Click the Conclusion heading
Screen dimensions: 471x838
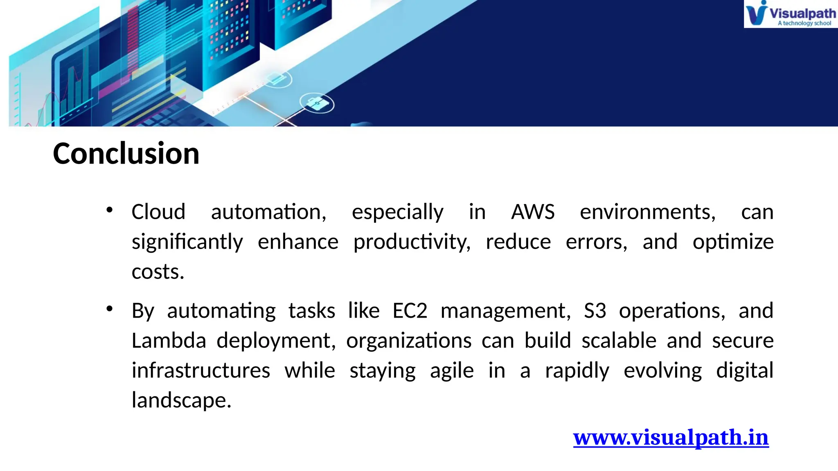click(x=126, y=154)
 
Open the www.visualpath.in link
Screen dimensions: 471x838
click(x=671, y=437)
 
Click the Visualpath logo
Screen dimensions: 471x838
click(x=790, y=13)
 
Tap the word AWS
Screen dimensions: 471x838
click(x=532, y=212)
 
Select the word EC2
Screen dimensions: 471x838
click(x=410, y=311)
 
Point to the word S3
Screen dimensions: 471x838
click(x=595, y=311)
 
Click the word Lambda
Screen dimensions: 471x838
click(x=169, y=341)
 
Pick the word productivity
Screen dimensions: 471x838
click(x=412, y=242)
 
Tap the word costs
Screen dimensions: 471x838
click(x=158, y=272)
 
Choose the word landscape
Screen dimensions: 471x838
click(x=181, y=400)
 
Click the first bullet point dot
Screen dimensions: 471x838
click(x=109, y=210)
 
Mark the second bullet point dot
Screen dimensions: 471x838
click(x=109, y=309)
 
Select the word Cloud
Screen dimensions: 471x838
click(x=158, y=212)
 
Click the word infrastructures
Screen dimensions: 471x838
click(x=200, y=370)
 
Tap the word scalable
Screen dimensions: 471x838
click(x=619, y=341)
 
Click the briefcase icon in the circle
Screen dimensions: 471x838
click(x=317, y=103)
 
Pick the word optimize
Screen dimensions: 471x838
click(x=733, y=242)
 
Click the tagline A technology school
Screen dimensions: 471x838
click(x=804, y=23)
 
